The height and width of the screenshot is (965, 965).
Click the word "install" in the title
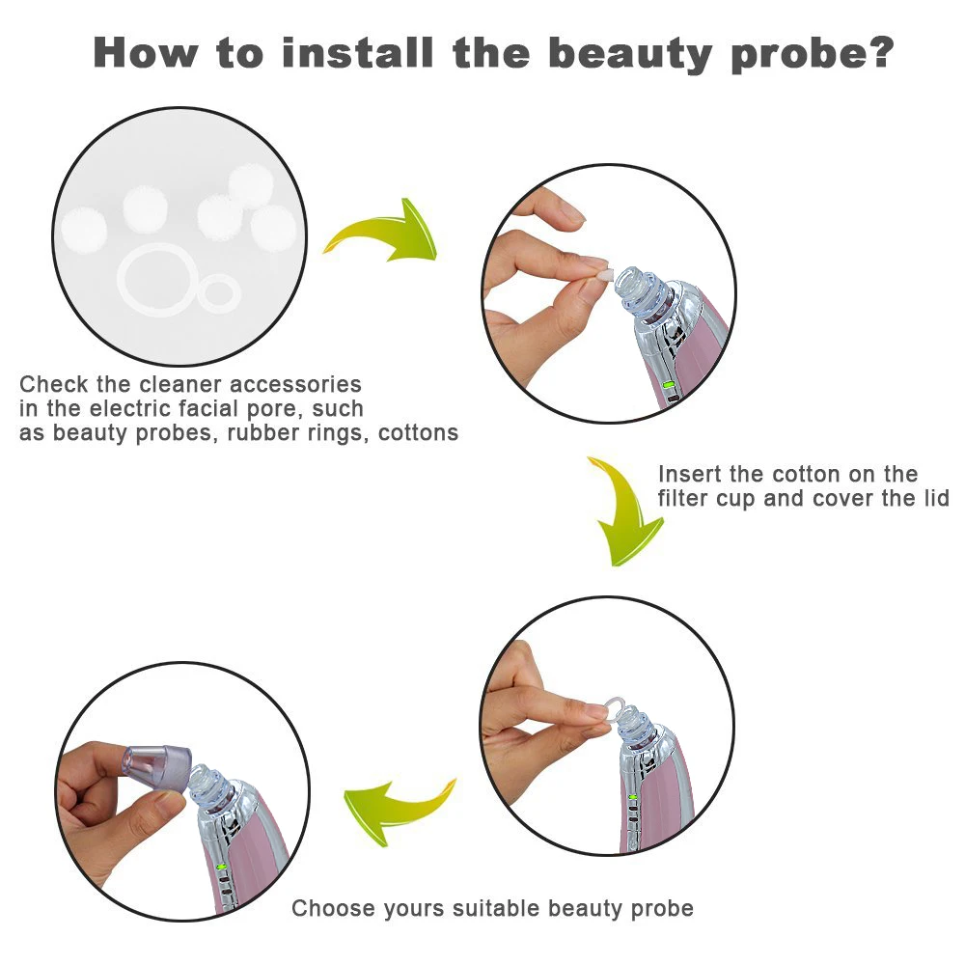(358, 52)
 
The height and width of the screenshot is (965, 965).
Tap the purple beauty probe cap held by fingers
(157, 767)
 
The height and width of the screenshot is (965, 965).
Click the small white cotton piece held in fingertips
(605, 274)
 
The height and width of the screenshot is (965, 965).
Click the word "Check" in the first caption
(53, 384)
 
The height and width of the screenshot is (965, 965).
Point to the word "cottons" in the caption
(419, 432)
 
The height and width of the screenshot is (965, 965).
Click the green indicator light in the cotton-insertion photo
(669, 386)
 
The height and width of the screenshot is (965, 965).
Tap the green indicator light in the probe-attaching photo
(222, 868)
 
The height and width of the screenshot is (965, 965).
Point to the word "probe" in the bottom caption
(661, 908)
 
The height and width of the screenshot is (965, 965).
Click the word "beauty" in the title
(630, 54)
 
